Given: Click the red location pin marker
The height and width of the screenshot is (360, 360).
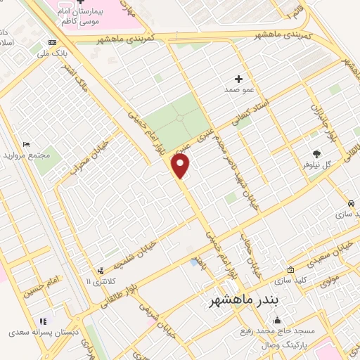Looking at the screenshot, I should click(x=181, y=165).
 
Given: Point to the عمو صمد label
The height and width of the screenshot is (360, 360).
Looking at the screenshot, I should click(x=238, y=90).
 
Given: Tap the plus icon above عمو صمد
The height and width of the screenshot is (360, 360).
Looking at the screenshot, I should click(x=238, y=79).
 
